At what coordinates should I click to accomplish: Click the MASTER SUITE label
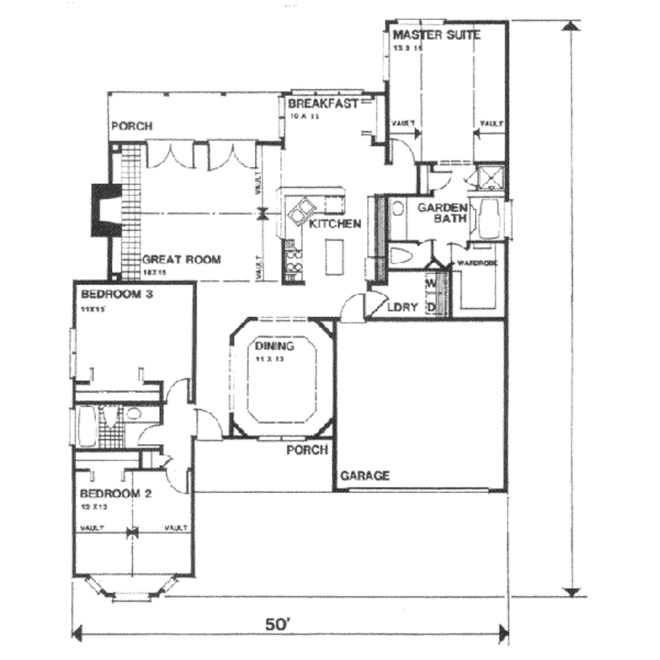[436, 35]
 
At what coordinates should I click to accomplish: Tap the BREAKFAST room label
[322, 104]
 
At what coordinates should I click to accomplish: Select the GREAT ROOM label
[181, 260]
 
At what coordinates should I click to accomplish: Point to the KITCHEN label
[335, 224]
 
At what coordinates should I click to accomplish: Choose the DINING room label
[275, 346]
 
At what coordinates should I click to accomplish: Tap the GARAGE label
[365, 476]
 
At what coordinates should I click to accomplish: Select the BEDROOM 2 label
[116, 494]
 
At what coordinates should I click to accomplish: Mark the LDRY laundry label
[402, 307]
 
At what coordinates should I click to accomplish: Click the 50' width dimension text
[278, 625]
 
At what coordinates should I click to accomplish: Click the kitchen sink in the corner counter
[301, 211]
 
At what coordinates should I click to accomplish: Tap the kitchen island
[333, 256]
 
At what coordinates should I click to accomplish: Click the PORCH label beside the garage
[307, 450]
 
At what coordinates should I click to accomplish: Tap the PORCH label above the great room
[132, 126]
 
